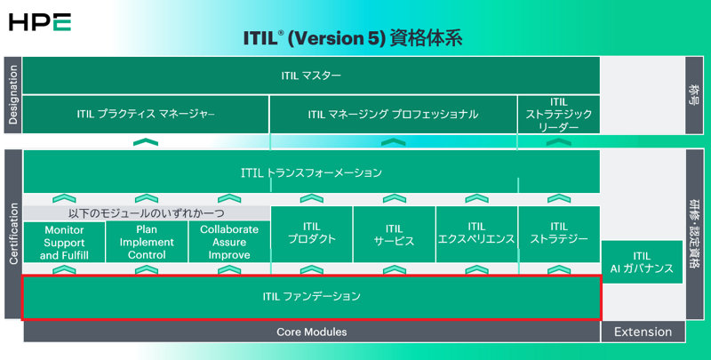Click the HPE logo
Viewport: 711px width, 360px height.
[38, 21]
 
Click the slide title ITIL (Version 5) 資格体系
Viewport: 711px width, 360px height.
[352, 40]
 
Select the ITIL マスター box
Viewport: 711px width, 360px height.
[311, 76]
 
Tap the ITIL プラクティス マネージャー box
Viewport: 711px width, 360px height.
[146, 114]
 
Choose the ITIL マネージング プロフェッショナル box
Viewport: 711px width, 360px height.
[393, 114]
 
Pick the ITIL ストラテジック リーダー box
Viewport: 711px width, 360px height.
[558, 114]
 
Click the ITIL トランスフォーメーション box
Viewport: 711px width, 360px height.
[311, 172]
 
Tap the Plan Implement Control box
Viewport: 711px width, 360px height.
[148, 242]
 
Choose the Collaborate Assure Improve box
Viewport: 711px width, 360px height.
[229, 242]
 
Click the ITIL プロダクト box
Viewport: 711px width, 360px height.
[312, 234]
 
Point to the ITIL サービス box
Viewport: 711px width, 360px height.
[394, 234]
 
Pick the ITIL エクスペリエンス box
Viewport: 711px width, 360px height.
[476, 234]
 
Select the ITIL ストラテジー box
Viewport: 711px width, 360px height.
[559, 234]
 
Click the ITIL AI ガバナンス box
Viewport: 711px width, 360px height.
[643, 262]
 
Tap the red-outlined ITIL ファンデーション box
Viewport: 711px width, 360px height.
[311, 296]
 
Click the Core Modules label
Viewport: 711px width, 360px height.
[311, 332]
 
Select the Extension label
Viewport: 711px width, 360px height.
[643, 332]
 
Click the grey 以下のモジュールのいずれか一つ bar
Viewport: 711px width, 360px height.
[147, 213]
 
